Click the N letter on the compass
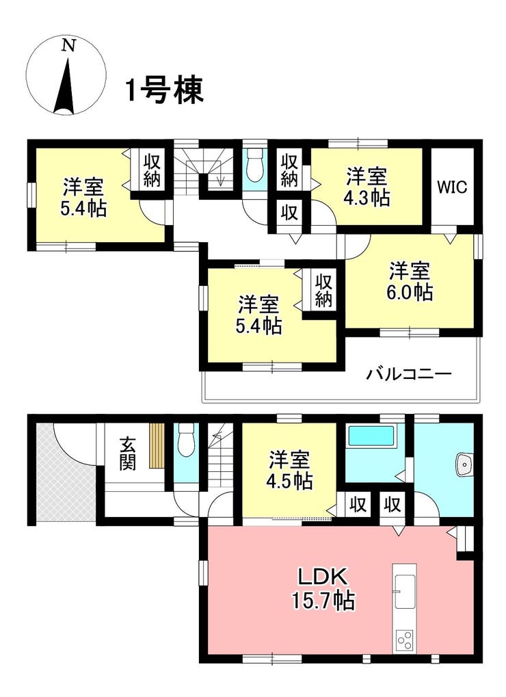click(68, 45)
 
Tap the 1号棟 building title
click(164, 90)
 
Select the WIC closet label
click(452, 187)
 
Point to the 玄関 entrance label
click(127, 454)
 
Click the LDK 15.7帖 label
click(323, 590)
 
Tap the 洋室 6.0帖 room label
click(410, 281)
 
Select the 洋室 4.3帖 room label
click(367, 186)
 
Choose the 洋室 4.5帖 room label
click(290, 469)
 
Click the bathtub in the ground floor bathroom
click(371, 436)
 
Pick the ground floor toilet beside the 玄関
click(186, 439)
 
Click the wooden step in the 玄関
click(157, 445)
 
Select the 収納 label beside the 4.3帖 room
click(289, 170)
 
